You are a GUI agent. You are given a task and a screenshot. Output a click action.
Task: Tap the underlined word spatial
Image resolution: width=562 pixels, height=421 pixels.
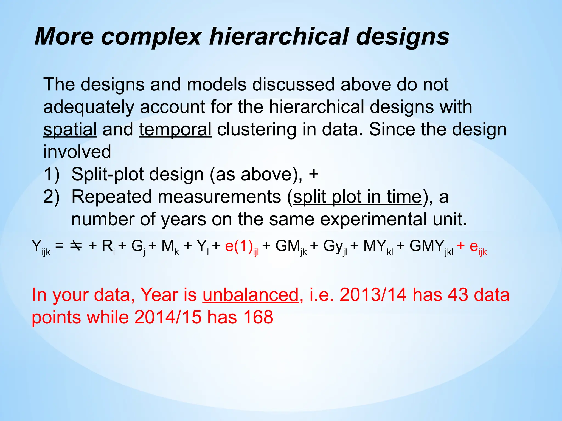click(70, 129)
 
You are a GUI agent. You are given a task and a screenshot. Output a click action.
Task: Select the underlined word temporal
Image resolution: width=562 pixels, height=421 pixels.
click(175, 129)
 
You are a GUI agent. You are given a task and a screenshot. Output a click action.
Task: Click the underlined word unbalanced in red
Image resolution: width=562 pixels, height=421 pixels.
click(250, 295)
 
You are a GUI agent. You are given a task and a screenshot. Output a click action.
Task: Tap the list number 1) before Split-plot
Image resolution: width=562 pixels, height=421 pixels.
click(51, 174)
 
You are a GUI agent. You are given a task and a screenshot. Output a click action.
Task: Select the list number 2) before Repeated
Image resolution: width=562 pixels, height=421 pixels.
click(51, 197)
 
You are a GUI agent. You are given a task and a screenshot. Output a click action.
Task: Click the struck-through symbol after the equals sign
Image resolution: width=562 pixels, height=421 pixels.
click(75, 246)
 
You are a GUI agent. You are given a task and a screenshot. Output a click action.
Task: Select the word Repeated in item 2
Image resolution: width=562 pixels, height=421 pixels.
click(111, 197)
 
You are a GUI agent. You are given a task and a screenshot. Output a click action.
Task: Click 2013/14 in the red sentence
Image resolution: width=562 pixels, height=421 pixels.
click(373, 295)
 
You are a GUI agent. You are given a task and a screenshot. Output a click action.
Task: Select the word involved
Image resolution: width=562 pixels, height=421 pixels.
click(77, 152)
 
